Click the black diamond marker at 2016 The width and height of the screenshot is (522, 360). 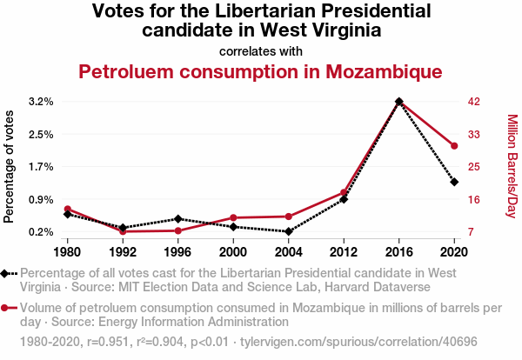398,102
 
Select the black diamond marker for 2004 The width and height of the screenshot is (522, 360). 288,231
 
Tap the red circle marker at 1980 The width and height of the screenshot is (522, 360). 67,209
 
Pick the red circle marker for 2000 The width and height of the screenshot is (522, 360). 233,217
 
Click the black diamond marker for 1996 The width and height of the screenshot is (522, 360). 177,219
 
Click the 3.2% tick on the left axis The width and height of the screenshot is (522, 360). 41,102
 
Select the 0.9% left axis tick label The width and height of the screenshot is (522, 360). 41,199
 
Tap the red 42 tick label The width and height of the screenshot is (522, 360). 474,102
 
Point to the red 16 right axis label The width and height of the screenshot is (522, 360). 474,199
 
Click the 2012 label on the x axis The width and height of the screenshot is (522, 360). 344,252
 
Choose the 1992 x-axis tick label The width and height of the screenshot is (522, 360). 123,252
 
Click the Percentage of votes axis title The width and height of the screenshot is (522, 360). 10,166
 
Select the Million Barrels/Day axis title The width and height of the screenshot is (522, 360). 512,166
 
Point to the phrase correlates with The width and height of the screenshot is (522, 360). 261,50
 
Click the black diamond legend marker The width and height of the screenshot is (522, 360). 8,273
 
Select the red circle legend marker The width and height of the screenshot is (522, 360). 8,308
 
